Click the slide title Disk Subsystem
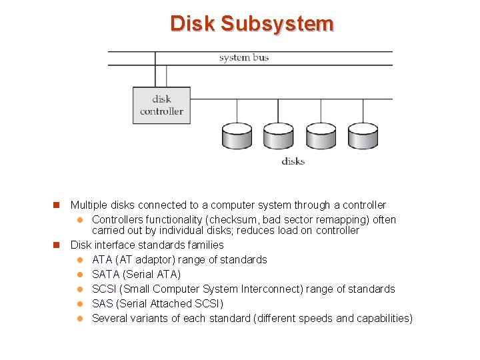click(x=251, y=24)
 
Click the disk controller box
click(x=161, y=105)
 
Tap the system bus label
click(x=243, y=57)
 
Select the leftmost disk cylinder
click(x=237, y=136)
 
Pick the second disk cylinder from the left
click(x=278, y=136)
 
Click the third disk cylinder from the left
click(x=321, y=136)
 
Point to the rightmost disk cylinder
click(x=362, y=136)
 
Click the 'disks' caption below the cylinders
click(x=293, y=161)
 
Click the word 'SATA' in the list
click(x=105, y=275)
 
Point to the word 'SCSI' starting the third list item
click(x=104, y=289)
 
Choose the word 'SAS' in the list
click(x=103, y=304)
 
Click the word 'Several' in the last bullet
click(x=109, y=319)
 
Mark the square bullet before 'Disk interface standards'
click(x=57, y=245)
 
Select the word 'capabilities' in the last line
click(x=383, y=319)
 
